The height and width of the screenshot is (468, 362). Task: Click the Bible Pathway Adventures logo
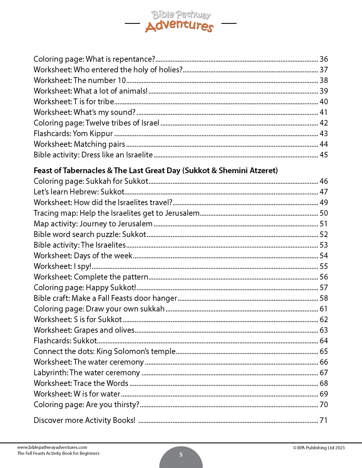[179, 22]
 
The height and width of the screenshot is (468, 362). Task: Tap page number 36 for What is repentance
[323, 59]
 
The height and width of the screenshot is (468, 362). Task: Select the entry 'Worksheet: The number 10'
[80, 80]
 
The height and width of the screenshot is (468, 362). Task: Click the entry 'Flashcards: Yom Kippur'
[73, 134]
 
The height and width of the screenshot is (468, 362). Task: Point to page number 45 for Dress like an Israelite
[323, 155]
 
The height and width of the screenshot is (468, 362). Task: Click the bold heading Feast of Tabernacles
[156, 171]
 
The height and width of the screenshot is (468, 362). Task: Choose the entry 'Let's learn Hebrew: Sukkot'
[79, 192]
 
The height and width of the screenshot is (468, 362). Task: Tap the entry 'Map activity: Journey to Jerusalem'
[93, 224]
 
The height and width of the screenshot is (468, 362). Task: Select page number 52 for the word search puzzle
[323, 235]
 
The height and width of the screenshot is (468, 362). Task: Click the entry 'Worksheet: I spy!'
[62, 266]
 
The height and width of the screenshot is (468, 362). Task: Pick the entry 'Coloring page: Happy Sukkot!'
[85, 288]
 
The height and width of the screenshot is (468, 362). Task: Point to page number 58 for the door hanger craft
[323, 298]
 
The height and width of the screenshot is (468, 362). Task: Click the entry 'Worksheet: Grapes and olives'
[84, 330]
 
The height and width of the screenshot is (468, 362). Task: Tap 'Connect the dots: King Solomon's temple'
[104, 351]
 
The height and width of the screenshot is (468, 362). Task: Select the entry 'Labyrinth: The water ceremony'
[87, 373]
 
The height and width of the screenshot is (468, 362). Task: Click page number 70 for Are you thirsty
[323, 405]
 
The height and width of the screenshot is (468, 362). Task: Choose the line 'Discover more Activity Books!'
[84, 420]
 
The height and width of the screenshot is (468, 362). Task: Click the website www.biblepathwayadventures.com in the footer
[52, 447]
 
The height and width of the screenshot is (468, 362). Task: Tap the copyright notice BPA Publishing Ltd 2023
[319, 448]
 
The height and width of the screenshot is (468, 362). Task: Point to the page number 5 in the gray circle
[181, 455]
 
